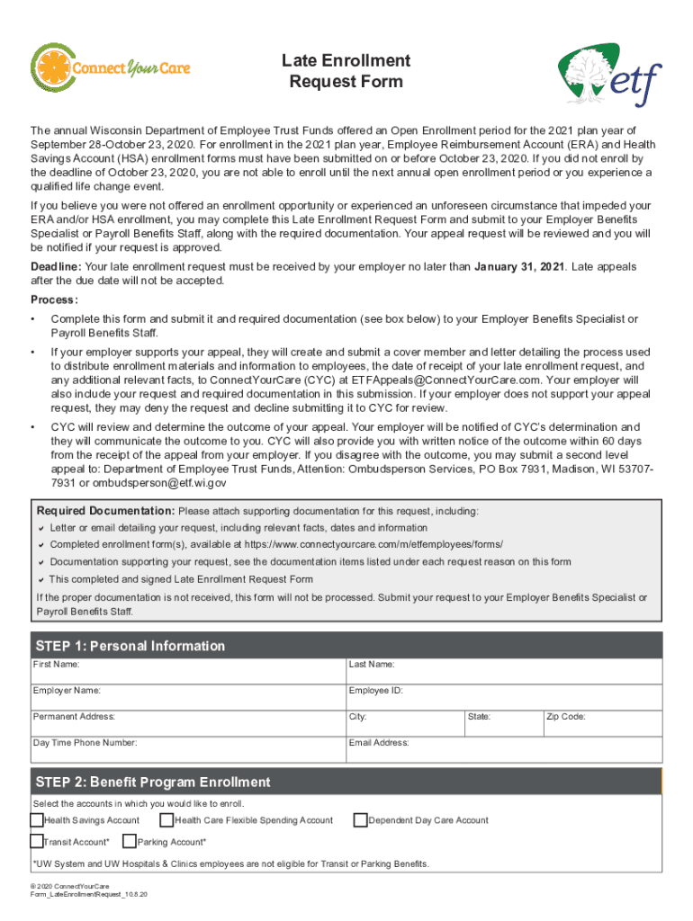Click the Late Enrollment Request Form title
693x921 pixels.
pyautogui.click(x=346, y=71)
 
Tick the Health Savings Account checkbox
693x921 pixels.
pyautogui.click(x=37, y=820)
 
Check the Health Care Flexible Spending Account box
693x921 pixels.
pyautogui.click(x=166, y=820)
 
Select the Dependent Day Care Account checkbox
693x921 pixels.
pyautogui.click(x=361, y=820)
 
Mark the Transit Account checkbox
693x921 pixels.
pyautogui.click(x=37, y=842)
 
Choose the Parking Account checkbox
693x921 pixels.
pyautogui.click(x=130, y=842)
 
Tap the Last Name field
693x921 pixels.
pyautogui.click(x=504, y=670)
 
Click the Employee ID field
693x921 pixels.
pyautogui.click(x=504, y=696)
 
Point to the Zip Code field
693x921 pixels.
pyautogui.click(x=601, y=722)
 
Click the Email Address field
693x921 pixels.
pyautogui.click(x=504, y=748)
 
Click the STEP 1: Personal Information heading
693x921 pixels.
pyautogui.click(x=130, y=646)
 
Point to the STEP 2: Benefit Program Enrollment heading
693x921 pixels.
pyautogui.click(x=152, y=782)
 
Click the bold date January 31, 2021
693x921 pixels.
pyautogui.click(x=519, y=267)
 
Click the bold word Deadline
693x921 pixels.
pyautogui.click(x=56, y=267)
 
